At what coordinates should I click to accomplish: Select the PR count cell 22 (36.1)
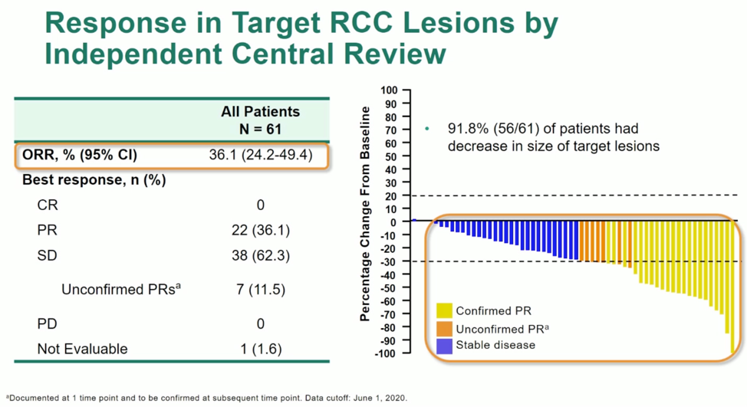(x=260, y=230)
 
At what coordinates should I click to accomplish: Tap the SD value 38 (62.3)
(x=260, y=255)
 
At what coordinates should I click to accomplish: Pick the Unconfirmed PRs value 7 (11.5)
(x=260, y=290)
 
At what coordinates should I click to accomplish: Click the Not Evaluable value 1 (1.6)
(x=260, y=349)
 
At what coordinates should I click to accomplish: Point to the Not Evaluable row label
(x=82, y=349)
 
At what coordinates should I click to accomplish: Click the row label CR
(x=47, y=205)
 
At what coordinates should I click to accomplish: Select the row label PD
(x=47, y=323)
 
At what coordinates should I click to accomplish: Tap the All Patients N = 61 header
(x=260, y=120)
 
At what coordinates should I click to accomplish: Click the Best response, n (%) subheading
(x=94, y=180)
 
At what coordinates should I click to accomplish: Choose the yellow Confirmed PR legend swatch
(x=444, y=310)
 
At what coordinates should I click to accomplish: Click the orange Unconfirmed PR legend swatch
(x=444, y=328)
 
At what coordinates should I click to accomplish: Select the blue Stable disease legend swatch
(x=444, y=345)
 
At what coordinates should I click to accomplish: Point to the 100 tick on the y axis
(x=387, y=90)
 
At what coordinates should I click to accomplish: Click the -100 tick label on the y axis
(x=386, y=353)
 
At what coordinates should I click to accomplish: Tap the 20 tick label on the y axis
(x=390, y=195)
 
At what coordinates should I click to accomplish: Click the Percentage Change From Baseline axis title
(x=366, y=214)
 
